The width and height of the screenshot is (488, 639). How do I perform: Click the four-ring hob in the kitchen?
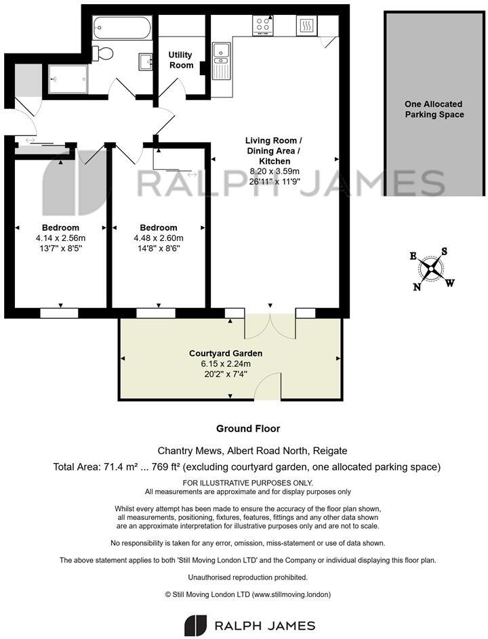[264, 26]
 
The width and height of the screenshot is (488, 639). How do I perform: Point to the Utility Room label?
[181, 60]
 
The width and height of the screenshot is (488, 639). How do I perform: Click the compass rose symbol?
[431, 269]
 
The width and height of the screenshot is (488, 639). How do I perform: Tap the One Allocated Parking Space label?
[434, 109]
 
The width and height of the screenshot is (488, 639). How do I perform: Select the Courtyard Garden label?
[226, 353]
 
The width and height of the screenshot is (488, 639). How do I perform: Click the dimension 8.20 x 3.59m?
[274, 172]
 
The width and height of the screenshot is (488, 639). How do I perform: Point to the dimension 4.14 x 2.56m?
[60, 238]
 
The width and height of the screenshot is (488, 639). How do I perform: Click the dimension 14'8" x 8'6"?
[159, 248]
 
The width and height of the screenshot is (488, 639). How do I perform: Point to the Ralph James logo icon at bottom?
[195, 625]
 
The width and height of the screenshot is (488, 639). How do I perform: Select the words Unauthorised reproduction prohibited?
[248, 577]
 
